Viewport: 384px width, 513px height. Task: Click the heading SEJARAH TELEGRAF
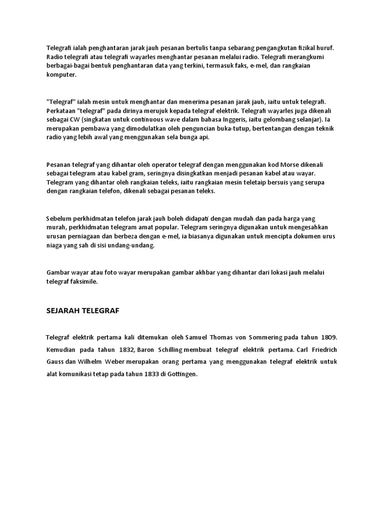[82, 311]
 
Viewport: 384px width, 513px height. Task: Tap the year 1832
[124, 350]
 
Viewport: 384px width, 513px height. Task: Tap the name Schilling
[167, 350]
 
